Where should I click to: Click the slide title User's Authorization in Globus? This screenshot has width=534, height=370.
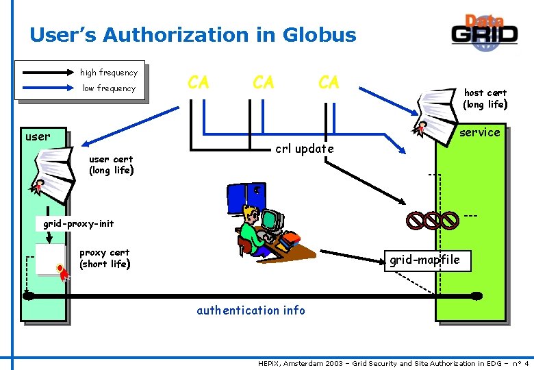pyautogui.click(x=193, y=35)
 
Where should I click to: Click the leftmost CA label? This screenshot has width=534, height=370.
pyautogui.click(x=198, y=83)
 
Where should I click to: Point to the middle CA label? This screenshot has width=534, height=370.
pyautogui.click(x=263, y=83)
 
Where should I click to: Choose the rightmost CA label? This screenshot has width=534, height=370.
pyautogui.click(x=329, y=83)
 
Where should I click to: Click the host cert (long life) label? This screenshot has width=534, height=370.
pyautogui.click(x=485, y=99)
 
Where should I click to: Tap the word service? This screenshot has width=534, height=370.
pyautogui.click(x=479, y=132)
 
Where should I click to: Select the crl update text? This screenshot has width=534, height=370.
pyautogui.click(x=304, y=149)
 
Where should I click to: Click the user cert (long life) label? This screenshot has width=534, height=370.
pyautogui.click(x=111, y=165)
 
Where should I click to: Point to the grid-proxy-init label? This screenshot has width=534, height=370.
pyautogui.click(x=78, y=223)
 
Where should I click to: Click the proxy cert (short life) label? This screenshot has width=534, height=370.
pyautogui.click(x=105, y=258)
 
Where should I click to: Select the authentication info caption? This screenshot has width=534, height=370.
pyautogui.click(x=251, y=310)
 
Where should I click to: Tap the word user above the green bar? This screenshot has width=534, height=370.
pyautogui.click(x=37, y=136)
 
